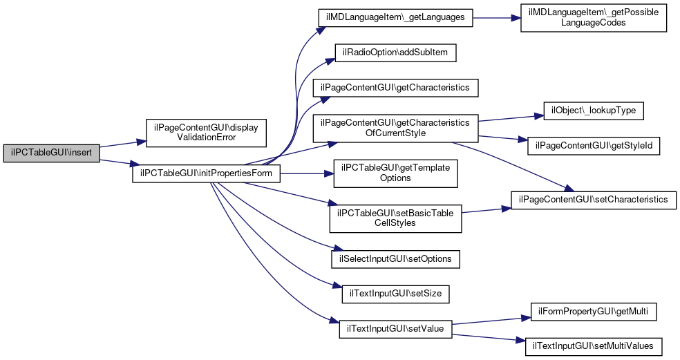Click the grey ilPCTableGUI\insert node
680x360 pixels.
click(x=52, y=153)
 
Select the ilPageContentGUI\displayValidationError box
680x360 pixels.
click(x=206, y=131)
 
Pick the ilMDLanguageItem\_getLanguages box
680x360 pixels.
click(x=395, y=17)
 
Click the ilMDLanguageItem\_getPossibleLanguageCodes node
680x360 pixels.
click(x=593, y=17)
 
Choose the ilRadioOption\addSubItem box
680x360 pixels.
click(x=395, y=53)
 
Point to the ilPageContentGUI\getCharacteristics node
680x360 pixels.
click(x=395, y=88)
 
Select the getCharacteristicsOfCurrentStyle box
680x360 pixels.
click(x=395, y=127)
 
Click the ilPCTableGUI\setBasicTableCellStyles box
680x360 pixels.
click(x=395, y=218)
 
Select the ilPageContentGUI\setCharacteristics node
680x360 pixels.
click(x=594, y=199)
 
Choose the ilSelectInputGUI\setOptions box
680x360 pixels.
click(x=395, y=258)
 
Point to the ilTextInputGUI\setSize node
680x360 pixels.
click(x=396, y=293)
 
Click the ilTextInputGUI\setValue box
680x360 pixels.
click(x=395, y=328)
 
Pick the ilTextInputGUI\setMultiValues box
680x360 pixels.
click(x=594, y=344)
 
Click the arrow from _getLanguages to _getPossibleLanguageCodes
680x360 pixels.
click(x=496, y=17)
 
